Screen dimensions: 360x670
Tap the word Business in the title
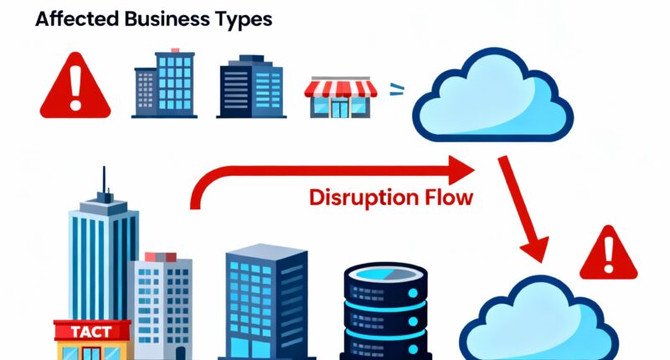pyautogui.click(x=162, y=18)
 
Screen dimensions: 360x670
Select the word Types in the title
pyautogui.click(x=242, y=19)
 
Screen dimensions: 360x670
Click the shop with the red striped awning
pyautogui.click(x=341, y=97)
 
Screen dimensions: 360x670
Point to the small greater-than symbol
pyautogui.click(x=395, y=87)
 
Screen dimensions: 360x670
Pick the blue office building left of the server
pyautogui.click(x=265, y=301)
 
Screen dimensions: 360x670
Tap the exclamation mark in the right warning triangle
pyautogui.click(x=609, y=252)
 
